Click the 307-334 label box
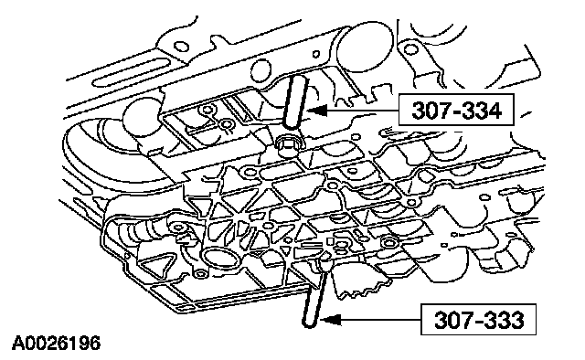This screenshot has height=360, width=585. coord(456,110)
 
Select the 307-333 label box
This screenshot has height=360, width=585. coord(479,319)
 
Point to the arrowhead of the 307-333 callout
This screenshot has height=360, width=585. coord(331,320)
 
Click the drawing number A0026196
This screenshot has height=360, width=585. coord(57,343)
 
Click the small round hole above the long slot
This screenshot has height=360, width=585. coord(182,47)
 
